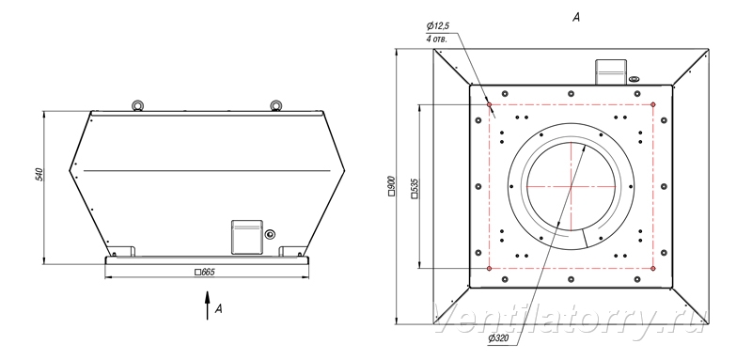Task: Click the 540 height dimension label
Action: [40, 174]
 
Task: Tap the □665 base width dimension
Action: [205, 273]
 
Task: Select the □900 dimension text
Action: [391, 186]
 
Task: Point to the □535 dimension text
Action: [415, 188]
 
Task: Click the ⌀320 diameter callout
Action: [498, 339]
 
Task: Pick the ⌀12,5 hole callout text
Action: [436, 27]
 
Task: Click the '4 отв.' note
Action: [436, 39]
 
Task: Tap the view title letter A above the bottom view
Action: [576, 17]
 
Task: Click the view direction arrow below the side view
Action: [207, 305]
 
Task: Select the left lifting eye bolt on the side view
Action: [138, 105]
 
